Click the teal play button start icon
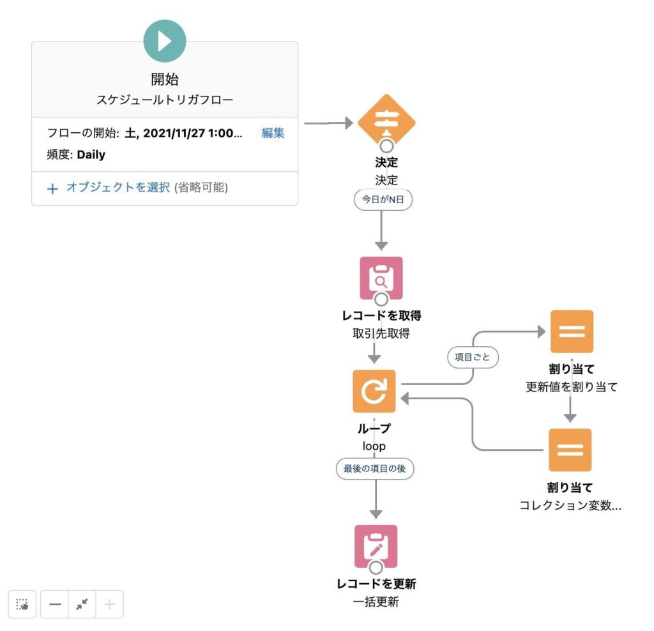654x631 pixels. click(x=165, y=41)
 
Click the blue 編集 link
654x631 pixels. click(x=273, y=133)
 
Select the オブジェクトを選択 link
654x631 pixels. click(x=118, y=188)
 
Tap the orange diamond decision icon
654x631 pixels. click(x=386, y=122)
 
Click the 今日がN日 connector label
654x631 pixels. click(x=383, y=200)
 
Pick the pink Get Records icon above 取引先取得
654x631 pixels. click(x=381, y=278)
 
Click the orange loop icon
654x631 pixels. click(x=374, y=392)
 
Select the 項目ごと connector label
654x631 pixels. click(x=473, y=358)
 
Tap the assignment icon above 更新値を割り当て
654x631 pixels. click(x=571, y=331)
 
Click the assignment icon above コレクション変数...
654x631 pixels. click(x=570, y=450)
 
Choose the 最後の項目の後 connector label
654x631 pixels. click(x=375, y=469)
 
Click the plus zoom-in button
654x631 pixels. click(x=109, y=604)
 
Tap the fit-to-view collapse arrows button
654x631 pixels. click(x=82, y=604)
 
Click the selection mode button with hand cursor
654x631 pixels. click(x=22, y=604)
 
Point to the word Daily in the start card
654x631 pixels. click(x=91, y=155)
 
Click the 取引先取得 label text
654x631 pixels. click(x=381, y=333)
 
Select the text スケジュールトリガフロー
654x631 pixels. click(x=164, y=100)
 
